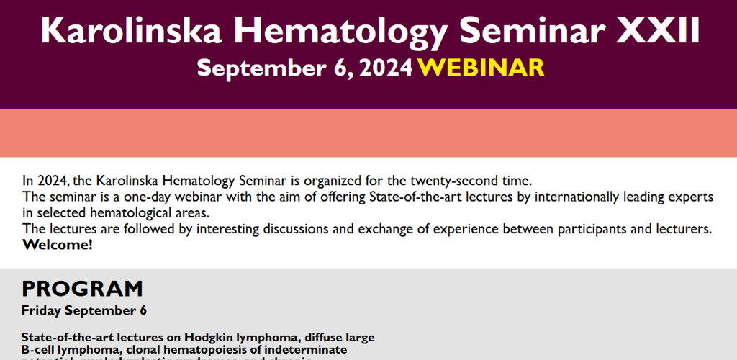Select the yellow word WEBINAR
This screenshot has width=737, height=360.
(481, 68)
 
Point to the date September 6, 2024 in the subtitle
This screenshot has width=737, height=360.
(304, 68)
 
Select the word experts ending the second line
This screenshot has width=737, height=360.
(689, 197)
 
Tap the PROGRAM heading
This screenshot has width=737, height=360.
(82, 289)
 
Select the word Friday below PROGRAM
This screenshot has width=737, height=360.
(41, 311)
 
